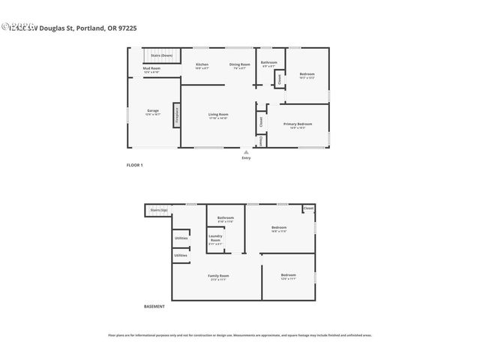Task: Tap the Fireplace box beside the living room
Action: [177, 115]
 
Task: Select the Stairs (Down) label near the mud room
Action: [161, 55]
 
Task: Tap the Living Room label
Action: [218, 115]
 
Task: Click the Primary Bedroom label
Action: [297, 124]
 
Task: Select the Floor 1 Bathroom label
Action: [268, 63]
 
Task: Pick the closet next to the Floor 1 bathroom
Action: [279, 79]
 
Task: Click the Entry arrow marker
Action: [246, 152]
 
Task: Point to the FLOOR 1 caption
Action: [134, 164]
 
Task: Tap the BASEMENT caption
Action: [154, 306]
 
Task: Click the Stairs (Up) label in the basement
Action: [158, 210]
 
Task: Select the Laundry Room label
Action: [215, 238]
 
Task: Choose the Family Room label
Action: [218, 276]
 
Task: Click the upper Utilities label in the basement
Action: [181, 238]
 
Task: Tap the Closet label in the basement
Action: [308, 208]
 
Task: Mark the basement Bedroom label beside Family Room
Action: [288, 276]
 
